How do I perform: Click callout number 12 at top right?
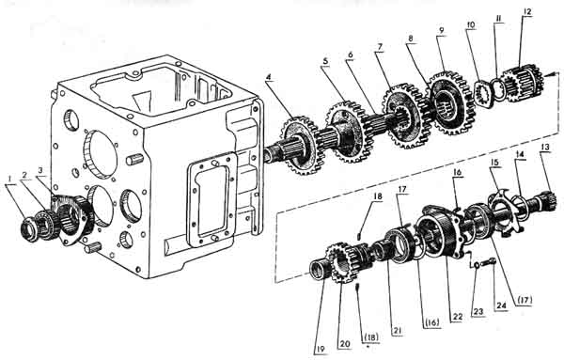(527, 12)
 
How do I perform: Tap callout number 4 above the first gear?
(268, 77)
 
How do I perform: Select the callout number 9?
(442, 31)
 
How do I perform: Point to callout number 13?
(545, 147)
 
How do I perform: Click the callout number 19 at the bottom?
(321, 349)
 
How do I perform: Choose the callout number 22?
(457, 317)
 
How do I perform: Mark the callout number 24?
(501, 305)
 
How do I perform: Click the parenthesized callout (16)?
(431, 322)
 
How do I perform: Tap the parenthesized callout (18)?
(370, 337)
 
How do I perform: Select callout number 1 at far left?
(10, 178)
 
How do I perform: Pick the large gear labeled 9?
(452, 102)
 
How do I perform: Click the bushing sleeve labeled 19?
(319, 270)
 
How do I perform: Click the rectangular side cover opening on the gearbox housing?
(211, 200)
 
